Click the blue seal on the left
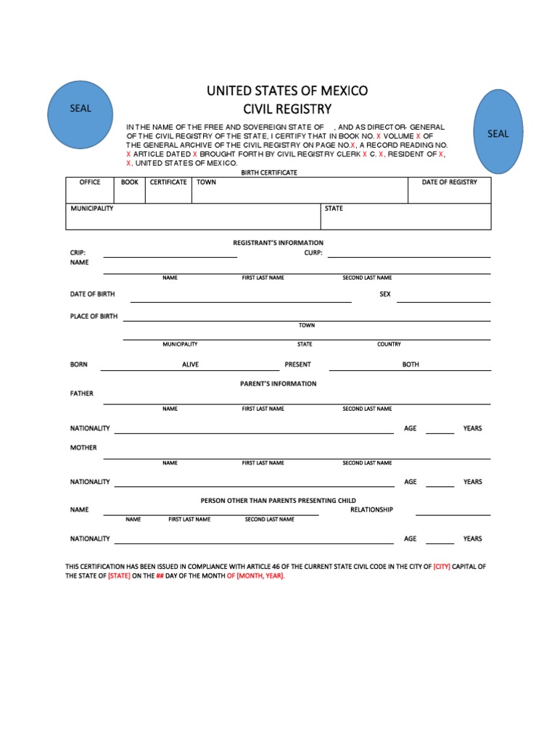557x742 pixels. [x=81, y=109]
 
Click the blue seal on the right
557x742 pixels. [x=498, y=133]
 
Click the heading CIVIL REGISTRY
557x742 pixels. [x=287, y=109]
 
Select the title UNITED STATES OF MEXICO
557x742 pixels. [x=287, y=91]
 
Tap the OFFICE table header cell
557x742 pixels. [x=90, y=183]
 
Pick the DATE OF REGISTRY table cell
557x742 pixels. [x=450, y=183]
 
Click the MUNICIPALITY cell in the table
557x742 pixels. [x=92, y=209]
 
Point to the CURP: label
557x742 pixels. [x=313, y=253]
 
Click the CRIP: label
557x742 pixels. [x=78, y=253]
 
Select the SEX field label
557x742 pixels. [x=385, y=294]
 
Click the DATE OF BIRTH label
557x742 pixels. [x=92, y=294]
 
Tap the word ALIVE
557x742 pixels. [x=190, y=364]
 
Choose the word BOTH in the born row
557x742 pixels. [x=410, y=364]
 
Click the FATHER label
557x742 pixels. [x=82, y=393]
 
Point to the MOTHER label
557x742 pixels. [x=83, y=448]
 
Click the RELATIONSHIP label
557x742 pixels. [x=371, y=509]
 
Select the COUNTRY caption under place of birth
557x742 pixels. [x=389, y=344]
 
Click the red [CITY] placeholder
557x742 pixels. [x=442, y=567]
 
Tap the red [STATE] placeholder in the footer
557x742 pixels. [x=119, y=576]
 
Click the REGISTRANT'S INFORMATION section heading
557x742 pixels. [x=278, y=243]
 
